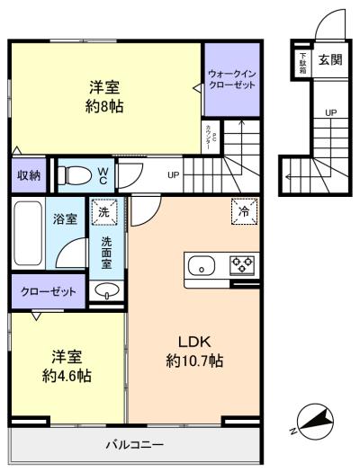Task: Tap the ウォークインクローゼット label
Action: click(230, 77)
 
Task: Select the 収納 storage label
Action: click(28, 175)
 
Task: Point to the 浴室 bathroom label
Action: click(64, 218)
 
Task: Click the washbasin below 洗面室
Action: click(107, 290)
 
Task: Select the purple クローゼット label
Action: click(49, 291)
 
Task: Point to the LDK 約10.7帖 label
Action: click(194, 352)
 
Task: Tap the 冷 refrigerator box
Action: click(243, 210)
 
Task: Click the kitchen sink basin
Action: click(202, 265)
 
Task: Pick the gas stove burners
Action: click(242, 265)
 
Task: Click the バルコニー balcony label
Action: click(134, 444)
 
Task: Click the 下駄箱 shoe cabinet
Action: click(303, 62)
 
